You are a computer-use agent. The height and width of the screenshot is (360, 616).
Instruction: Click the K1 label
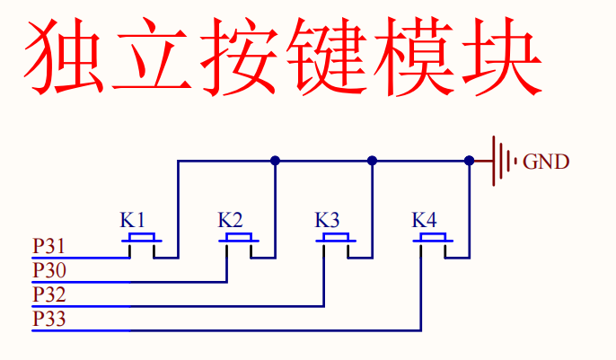click(133, 220)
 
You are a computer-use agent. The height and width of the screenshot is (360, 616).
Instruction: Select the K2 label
click(230, 220)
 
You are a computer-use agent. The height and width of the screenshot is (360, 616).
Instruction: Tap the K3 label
click(327, 220)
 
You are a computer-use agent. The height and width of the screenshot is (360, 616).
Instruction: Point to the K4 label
click(424, 220)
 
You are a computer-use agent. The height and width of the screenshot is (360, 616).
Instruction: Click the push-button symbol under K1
click(142, 239)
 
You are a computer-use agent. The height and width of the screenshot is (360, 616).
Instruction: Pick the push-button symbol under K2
click(239, 239)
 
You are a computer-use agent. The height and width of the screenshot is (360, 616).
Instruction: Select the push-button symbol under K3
click(336, 239)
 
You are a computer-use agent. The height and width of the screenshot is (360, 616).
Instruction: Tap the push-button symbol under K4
click(433, 239)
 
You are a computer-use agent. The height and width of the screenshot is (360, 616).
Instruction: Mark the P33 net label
click(48, 319)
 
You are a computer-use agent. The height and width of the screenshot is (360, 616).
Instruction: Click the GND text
click(546, 162)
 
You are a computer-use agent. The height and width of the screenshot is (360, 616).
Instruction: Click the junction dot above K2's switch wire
click(275, 161)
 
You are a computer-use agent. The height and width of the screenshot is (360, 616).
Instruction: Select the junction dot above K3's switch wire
click(372, 161)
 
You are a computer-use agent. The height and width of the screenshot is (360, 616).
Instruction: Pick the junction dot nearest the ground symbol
click(469, 161)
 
